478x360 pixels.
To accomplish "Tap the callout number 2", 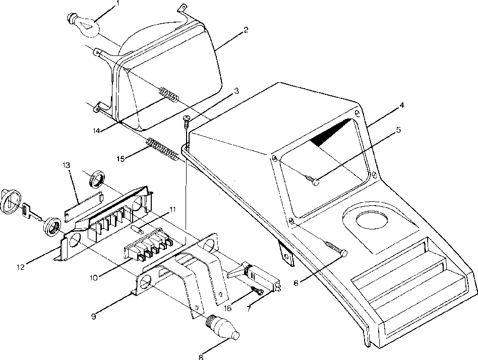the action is pos(246,30).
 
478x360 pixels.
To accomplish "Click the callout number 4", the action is pos(402,106).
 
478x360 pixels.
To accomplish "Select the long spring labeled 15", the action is pos(162,149).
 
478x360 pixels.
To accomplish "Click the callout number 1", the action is pos(117,4).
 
